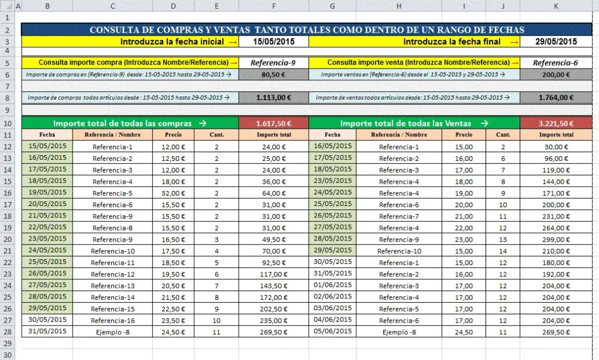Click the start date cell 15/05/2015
(273, 42)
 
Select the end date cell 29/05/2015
(556, 42)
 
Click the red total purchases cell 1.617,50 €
(273, 124)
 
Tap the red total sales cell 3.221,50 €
(556, 124)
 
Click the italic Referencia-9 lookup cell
(273, 63)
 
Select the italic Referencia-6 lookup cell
(556, 63)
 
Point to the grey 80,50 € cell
(273, 74)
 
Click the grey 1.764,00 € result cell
(556, 98)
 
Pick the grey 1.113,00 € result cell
(273, 98)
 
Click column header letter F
(273, 6)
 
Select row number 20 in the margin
(7, 239)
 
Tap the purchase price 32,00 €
(173, 193)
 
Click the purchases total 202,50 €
(273, 308)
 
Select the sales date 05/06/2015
(332, 331)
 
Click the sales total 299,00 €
(556, 239)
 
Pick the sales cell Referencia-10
(399, 251)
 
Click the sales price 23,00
(464, 239)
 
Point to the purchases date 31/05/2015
(48, 331)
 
